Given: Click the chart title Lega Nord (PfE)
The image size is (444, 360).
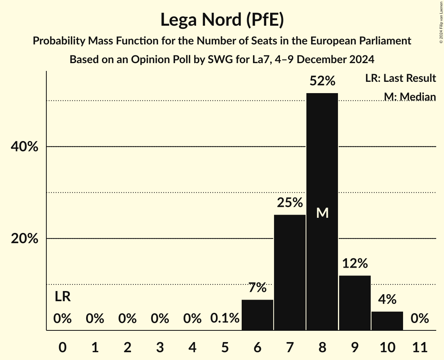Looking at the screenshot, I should [x=222, y=20].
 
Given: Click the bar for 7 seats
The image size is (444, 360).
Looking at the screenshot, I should [x=290, y=272].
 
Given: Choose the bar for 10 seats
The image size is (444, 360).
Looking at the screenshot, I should [x=387, y=321].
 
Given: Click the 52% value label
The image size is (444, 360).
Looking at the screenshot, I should [x=322, y=81].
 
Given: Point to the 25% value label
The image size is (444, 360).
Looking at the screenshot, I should [x=290, y=203].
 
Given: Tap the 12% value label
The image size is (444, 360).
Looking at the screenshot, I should [x=355, y=264].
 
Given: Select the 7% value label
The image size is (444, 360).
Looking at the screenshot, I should [x=257, y=288].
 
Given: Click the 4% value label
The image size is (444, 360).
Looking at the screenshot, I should [x=387, y=299].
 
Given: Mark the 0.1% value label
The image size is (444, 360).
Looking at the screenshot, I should [x=225, y=318].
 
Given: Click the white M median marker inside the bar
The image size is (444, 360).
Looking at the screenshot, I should [x=322, y=213].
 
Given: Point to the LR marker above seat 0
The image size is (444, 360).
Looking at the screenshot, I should [x=62, y=297].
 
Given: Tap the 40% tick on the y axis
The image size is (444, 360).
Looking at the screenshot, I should [x=25, y=147].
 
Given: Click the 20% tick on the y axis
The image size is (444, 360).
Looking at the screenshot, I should [x=25, y=238].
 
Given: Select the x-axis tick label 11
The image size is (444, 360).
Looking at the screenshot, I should [x=419, y=346].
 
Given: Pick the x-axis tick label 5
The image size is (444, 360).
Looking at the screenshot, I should [x=225, y=346].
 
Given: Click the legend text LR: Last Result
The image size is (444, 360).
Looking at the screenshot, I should [x=400, y=78].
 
